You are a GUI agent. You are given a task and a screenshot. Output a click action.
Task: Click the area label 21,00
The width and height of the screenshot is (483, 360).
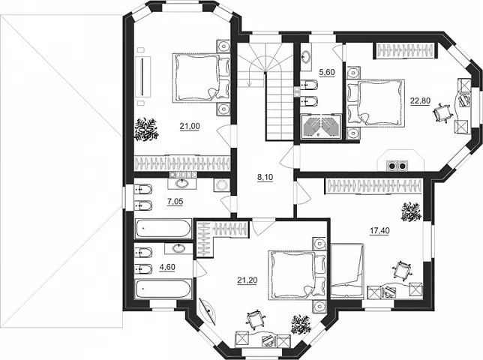point(190,126)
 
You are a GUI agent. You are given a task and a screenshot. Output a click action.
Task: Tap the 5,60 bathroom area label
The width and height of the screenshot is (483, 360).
point(326,73)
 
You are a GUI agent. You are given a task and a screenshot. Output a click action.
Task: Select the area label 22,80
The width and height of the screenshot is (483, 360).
point(420,100)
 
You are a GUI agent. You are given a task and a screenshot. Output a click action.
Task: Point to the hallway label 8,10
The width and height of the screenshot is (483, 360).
point(265,178)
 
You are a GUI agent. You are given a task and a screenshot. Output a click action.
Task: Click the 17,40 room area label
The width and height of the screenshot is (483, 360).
point(379,230)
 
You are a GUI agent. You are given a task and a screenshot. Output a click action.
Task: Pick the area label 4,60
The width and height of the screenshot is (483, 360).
point(167,267)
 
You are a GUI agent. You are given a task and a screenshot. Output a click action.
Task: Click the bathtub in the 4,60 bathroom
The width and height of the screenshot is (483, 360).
point(163,289)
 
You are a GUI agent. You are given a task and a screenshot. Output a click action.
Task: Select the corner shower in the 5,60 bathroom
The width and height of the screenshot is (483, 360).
point(321,126)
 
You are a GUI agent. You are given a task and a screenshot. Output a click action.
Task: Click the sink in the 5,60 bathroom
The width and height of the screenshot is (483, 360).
point(306,57)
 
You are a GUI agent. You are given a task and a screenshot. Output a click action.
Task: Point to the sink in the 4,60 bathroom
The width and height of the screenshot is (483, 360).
point(178,248)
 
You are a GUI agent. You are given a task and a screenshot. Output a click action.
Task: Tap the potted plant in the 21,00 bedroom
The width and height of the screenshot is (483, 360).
point(146,130)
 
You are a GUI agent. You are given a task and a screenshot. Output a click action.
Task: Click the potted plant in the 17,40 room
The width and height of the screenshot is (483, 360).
point(411,211)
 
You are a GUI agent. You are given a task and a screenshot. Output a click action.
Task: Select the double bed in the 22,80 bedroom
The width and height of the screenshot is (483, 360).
point(376,103)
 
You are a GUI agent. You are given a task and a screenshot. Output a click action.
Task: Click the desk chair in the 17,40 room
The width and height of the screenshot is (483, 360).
point(402,271)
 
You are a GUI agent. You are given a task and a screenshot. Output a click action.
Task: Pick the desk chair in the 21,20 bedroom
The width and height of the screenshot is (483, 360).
point(255,320)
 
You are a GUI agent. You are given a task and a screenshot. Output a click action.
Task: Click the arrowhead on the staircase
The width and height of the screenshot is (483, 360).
point(249,84)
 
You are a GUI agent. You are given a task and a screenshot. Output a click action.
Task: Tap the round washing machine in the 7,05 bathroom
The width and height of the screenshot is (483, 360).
point(220,185)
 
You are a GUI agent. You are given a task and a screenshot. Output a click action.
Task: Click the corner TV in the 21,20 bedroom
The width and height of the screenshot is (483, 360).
point(208,312)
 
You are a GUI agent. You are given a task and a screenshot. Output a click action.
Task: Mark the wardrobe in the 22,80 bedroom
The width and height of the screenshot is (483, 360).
point(404,50)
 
